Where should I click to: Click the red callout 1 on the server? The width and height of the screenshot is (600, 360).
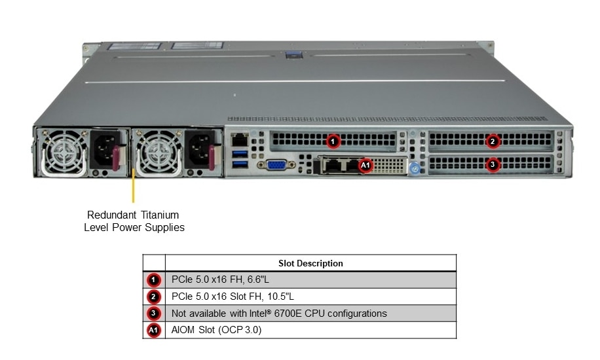coord(333,141)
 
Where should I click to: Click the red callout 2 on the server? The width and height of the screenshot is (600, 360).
coord(493,141)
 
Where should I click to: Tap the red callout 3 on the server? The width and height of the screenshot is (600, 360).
coord(493,164)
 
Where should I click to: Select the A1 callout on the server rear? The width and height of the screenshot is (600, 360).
coord(366,166)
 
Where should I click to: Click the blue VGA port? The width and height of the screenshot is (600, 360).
coord(276,164)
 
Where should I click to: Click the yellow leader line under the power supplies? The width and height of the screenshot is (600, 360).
coord(134,187)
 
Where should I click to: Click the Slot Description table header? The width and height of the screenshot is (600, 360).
coord(310,263)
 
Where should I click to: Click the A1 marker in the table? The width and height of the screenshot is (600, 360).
coord(153,331)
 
